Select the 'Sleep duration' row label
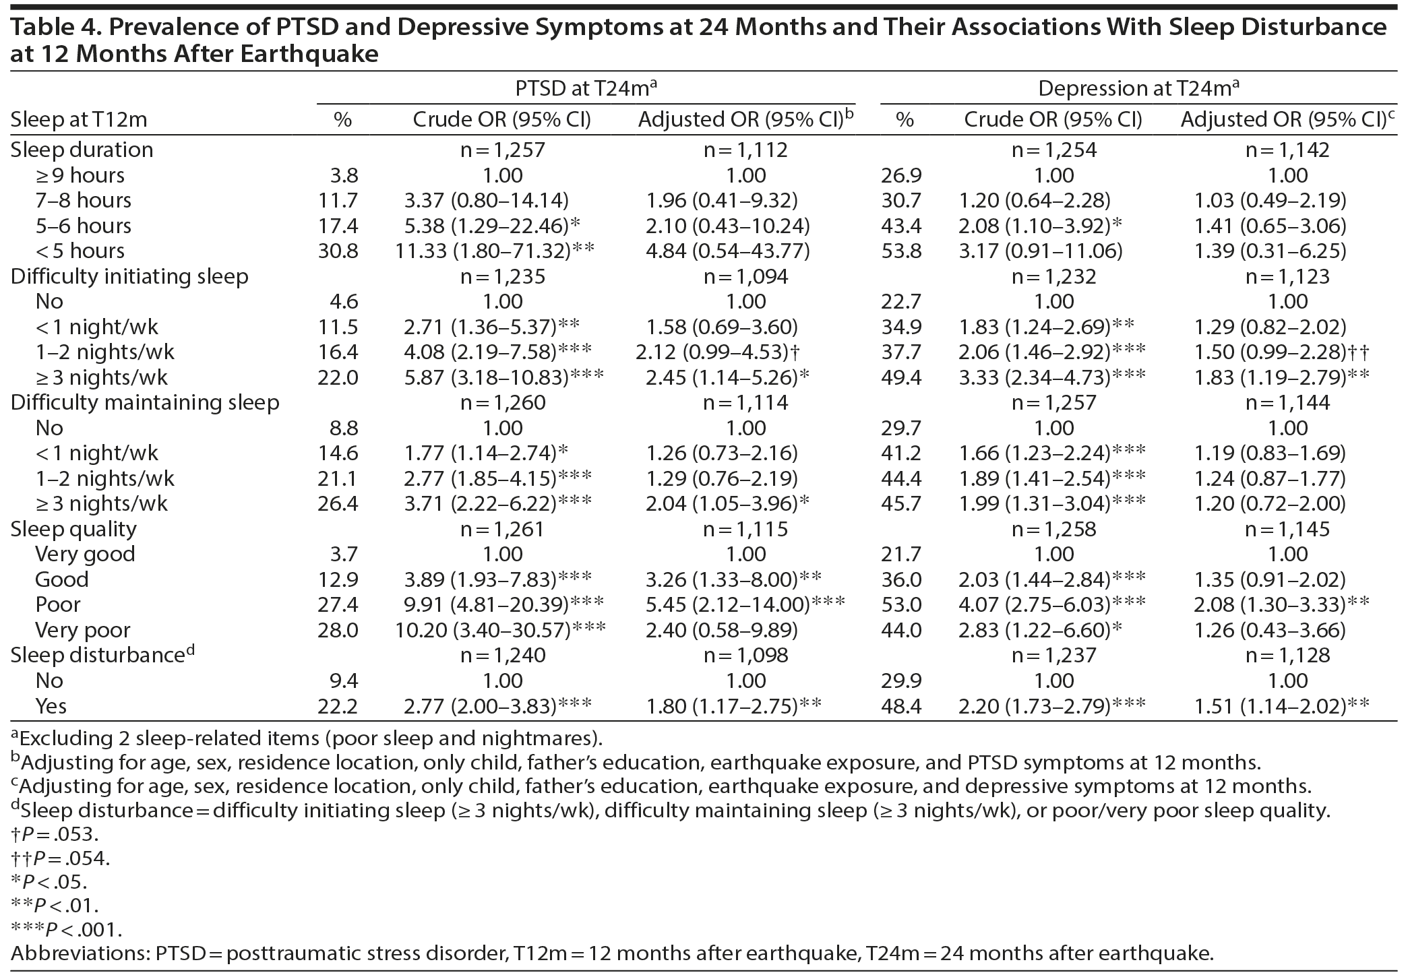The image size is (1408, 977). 82,150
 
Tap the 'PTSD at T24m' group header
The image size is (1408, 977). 586,88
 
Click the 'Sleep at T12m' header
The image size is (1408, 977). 79,120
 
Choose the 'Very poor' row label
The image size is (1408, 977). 83,630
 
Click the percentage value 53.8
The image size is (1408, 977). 901,251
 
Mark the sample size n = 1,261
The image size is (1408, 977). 502,529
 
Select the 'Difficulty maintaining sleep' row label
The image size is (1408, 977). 144,403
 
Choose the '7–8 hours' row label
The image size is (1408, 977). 84,200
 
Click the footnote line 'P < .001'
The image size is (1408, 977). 66,930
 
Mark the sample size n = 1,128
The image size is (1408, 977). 1287,655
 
